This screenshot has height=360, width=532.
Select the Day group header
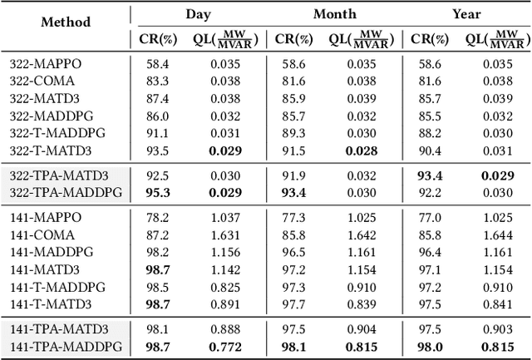(197, 13)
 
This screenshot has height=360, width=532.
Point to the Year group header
(465, 13)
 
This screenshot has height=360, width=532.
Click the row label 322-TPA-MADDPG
(66, 192)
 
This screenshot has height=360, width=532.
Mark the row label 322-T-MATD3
(50, 150)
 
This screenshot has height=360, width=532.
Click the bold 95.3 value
(156, 192)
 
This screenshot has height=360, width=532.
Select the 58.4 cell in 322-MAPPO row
(156, 62)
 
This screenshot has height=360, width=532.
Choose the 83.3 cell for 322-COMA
(156, 80)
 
